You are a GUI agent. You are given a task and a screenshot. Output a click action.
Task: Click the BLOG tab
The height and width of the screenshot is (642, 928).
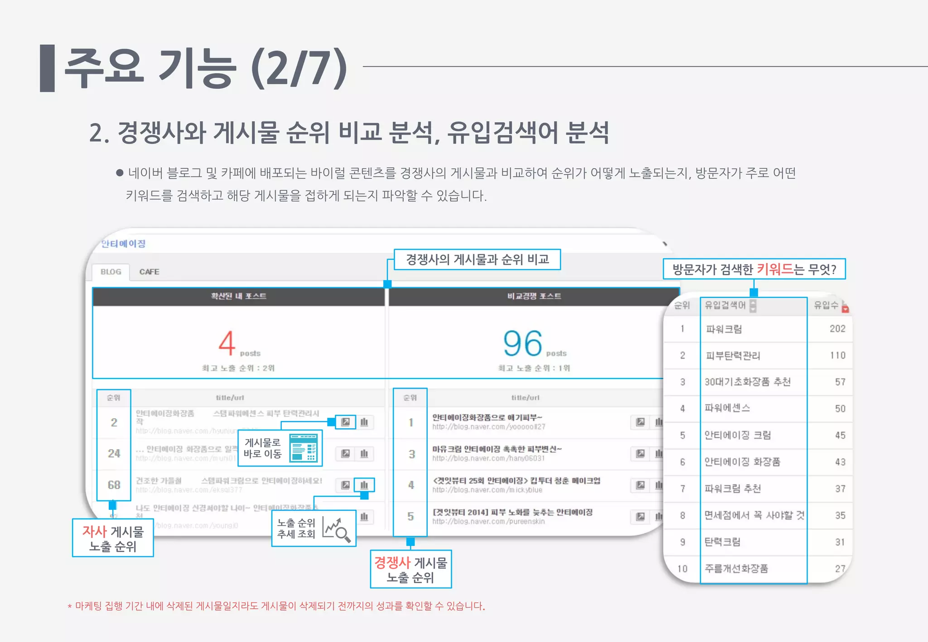tap(111, 272)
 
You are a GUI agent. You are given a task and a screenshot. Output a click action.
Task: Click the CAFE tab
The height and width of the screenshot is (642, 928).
tap(149, 272)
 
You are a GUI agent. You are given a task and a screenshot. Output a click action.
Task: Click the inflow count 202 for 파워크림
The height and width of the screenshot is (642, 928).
tap(837, 329)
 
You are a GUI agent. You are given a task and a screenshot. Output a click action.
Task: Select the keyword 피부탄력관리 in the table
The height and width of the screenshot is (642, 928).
tap(733, 355)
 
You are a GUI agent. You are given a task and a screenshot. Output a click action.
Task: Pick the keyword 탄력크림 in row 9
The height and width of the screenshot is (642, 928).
tap(722, 542)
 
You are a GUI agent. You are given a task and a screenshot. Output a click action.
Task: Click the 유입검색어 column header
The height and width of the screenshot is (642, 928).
tap(725, 305)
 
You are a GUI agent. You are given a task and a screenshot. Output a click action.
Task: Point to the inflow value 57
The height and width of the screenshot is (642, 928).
tap(840, 382)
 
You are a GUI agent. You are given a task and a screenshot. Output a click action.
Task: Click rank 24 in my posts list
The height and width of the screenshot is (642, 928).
tap(114, 454)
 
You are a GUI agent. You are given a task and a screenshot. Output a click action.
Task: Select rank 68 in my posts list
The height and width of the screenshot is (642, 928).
tap(114, 485)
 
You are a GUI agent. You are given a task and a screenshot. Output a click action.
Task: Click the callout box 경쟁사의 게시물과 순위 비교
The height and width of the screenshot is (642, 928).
tap(477, 259)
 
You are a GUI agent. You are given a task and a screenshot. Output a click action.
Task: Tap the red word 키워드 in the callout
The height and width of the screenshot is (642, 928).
tap(775, 269)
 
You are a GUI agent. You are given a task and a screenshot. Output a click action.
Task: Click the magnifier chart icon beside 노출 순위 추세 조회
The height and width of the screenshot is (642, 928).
tap(336, 528)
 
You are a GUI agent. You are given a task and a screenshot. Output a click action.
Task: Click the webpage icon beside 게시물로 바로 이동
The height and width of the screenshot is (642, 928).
tap(304, 447)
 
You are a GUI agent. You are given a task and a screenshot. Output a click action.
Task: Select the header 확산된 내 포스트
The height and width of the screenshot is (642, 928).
tap(238, 296)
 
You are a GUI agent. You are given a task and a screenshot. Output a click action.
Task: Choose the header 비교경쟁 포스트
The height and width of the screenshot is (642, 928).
tap(534, 296)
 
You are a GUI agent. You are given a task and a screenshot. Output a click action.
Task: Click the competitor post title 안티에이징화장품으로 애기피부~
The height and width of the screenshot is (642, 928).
tap(487, 417)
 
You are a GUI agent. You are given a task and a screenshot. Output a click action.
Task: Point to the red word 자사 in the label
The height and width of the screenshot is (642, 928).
tap(94, 532)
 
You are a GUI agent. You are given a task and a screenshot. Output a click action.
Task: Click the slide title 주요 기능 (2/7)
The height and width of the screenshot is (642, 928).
tap(206, 69)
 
